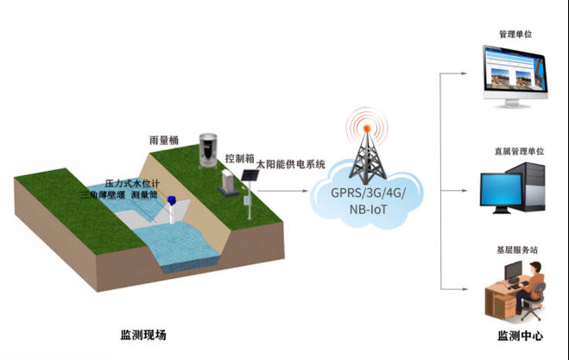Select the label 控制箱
point(238,159)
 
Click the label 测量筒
point(146,195)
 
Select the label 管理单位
point(515,35)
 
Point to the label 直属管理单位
point(518,152)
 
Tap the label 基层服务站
point(517,249)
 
